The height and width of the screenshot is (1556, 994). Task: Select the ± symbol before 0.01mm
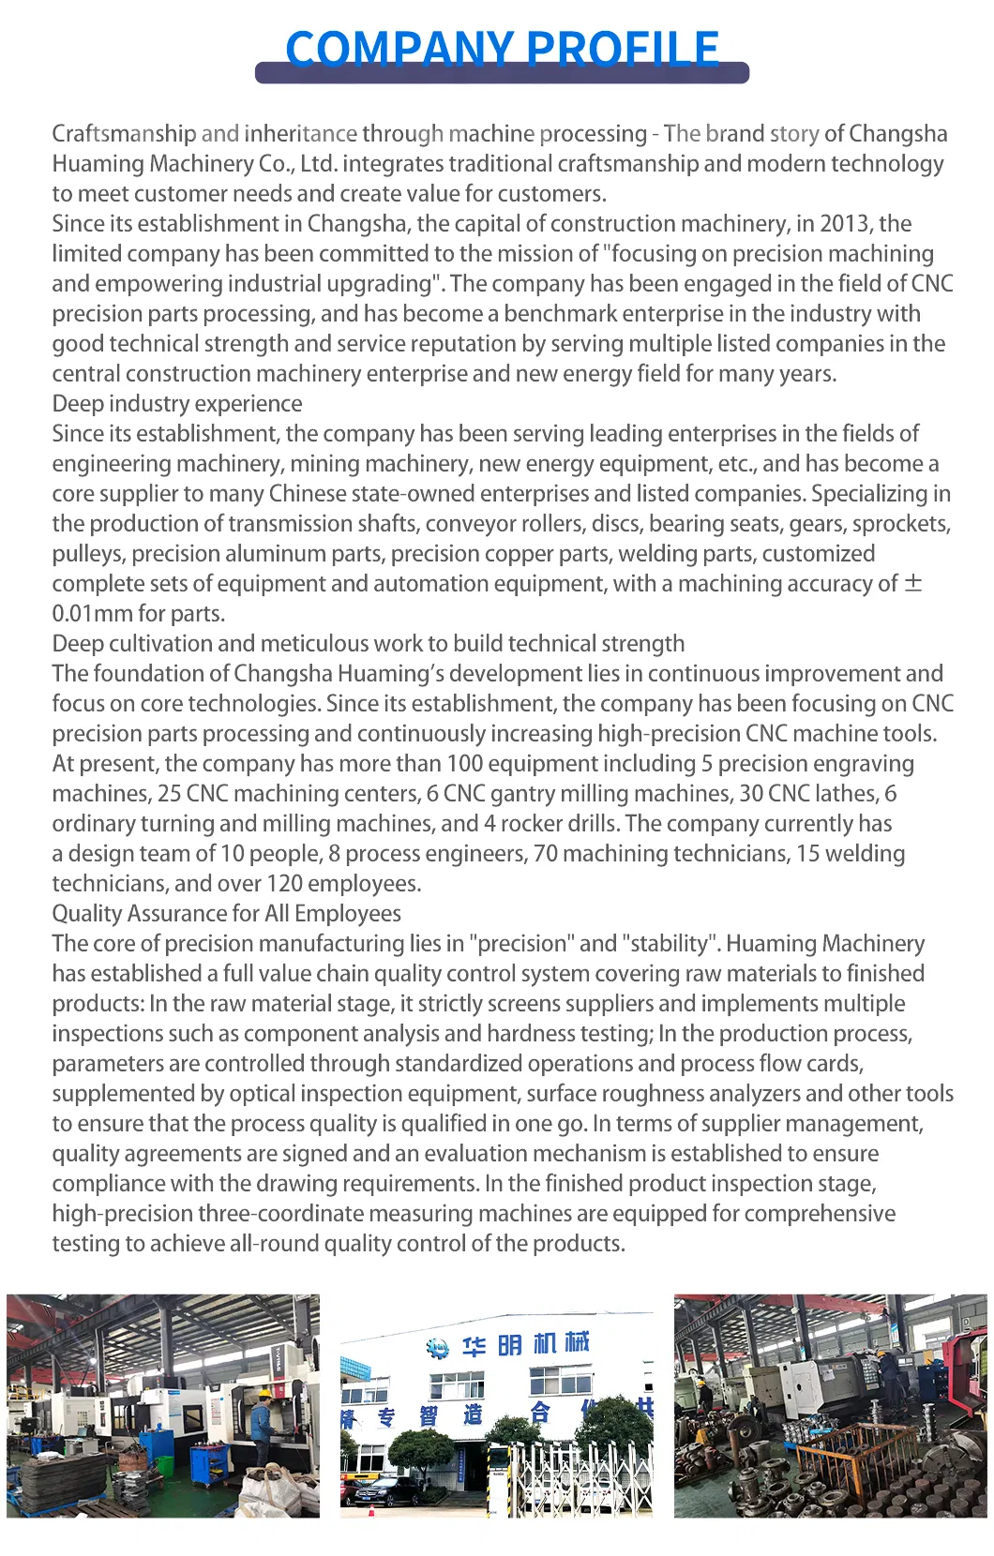coord(912,583)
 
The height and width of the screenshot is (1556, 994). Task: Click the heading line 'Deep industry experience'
coord(177,404)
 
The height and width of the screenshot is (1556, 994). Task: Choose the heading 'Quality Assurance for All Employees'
coord(226,914)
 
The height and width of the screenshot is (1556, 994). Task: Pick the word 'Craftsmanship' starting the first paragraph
coord(124,134)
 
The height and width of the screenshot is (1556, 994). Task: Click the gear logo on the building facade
coord(437,1348)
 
